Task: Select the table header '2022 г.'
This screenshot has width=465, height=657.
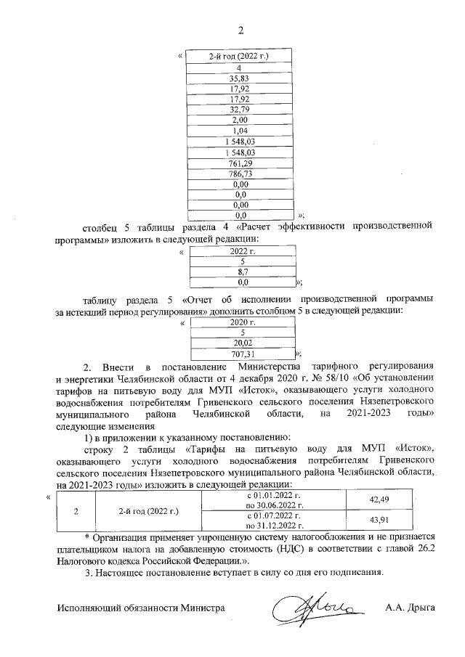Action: click(242, 250)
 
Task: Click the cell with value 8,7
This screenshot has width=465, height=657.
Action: click(242, 271)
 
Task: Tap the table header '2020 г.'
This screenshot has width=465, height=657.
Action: click(242, 322)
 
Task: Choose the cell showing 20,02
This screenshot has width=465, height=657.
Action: click(242, 343)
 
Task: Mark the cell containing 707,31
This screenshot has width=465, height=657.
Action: click(242, 354)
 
